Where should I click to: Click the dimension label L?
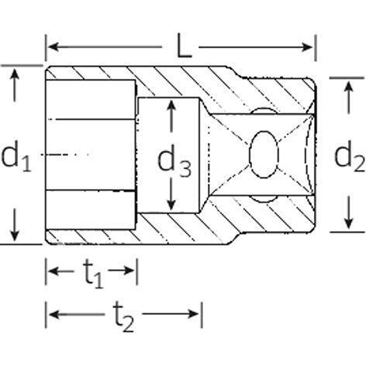pyautogui.click(x=184, y=47)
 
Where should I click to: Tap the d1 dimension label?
pyautogui.click(x=16, y=157)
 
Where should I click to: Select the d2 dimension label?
pyautogui.click(x=350, y=157)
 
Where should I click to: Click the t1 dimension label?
pyautogui.click(x=93, y=274)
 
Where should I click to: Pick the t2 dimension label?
pyautogui.click(x=123, y=317)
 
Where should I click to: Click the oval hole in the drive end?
pyautogui.click(x=264, y=154)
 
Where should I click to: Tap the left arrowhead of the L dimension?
pyautogui.click(x=53, y=47)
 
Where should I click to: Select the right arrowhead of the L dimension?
pyautogui.click(x=308, y=47)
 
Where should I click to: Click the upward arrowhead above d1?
pyautogui.click(x=15, y=74)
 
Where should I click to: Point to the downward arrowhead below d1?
pyautogui.click(x=15, y=235)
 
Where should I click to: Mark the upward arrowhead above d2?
pyautogui.click(x=349, y=86)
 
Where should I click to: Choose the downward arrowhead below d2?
pyautogui.click(x=349, y=223)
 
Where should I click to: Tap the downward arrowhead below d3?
pyautogui.click(x=171, y=205)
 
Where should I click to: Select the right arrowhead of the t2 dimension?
pyautogui.click(x=194, y=314)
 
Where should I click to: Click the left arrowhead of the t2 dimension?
pyautogui.click(x=54, y=314)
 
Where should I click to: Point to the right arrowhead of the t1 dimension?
pyautogui.click(x=129, y=271)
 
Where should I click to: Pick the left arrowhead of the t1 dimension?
pyautogui.click(x=54, y=271)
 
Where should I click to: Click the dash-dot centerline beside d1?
pyautogui.click(x=65, y=155)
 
